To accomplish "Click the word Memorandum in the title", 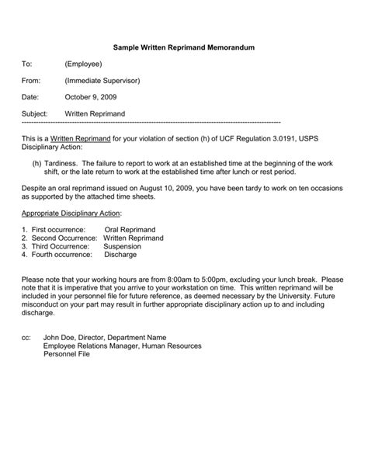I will click(x=227, y=48).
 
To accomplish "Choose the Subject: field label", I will click(x=36, y=113).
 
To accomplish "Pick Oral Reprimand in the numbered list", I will click(x=130, y=230).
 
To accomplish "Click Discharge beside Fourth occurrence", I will click(x=120, y=255).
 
